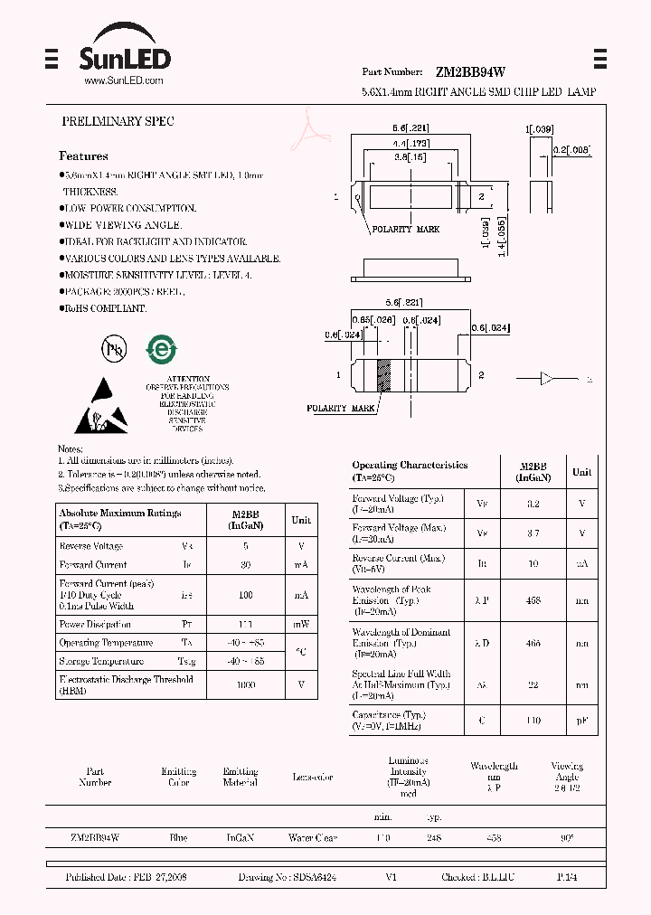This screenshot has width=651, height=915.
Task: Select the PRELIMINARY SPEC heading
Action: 118,121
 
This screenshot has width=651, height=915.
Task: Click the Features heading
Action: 83,156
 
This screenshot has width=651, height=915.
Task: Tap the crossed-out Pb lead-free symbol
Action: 113,349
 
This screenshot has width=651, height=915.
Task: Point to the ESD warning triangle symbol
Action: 101,405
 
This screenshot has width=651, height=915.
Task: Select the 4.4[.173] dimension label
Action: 410,143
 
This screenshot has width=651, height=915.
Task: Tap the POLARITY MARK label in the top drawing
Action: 404,230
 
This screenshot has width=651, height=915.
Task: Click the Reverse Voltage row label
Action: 90,546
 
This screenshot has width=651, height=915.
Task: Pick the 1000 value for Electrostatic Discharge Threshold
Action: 246,685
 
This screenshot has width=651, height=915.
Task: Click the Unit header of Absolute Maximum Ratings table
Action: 301,520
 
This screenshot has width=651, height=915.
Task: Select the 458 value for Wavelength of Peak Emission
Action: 533,600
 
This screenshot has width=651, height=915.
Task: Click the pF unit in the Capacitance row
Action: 581,722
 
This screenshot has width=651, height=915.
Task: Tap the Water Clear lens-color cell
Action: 312,838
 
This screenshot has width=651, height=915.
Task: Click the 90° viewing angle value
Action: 567,838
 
